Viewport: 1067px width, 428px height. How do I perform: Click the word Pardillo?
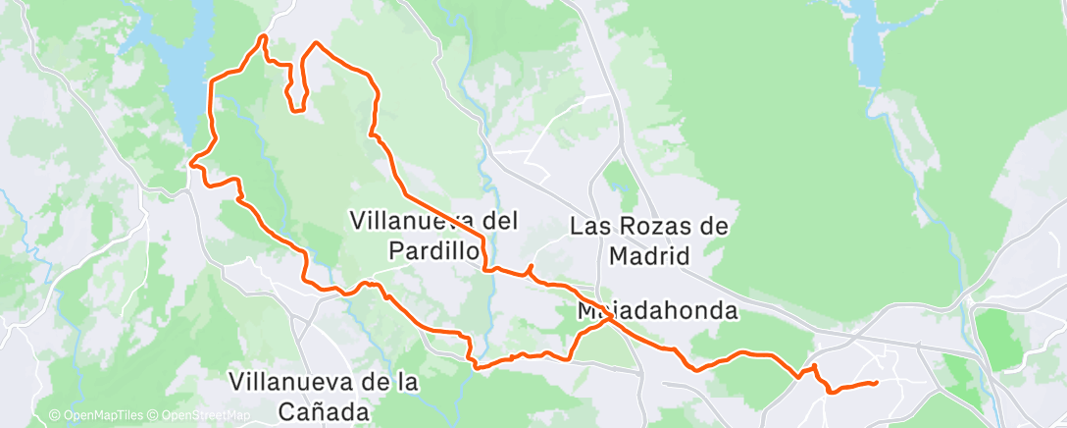[x=433, y=251]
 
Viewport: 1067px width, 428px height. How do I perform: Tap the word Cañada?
[x=323, y=410]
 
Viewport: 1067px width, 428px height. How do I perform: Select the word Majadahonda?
[x=657, y=310]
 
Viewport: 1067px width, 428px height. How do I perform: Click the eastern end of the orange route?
[x=874, y=382]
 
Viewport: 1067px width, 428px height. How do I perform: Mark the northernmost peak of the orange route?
[x=263, y=37]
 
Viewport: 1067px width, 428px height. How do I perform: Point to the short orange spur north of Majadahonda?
[x=531, y=268]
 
